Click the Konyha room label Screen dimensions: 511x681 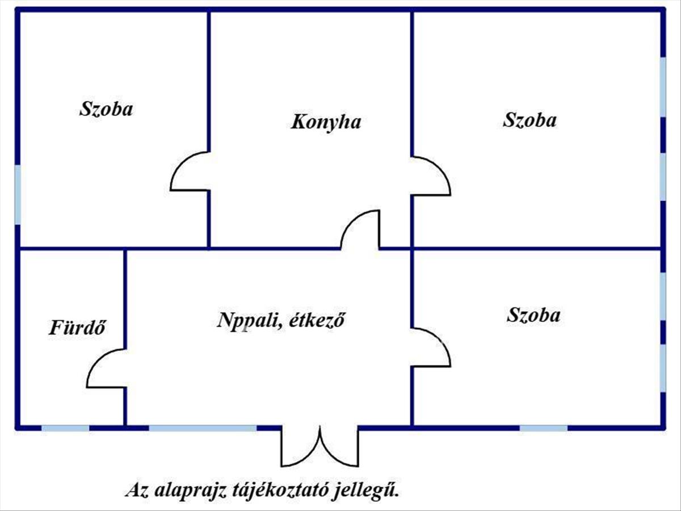(326, 122)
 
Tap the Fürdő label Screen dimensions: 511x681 (77, 328)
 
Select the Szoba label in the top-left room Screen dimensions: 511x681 (106, 108)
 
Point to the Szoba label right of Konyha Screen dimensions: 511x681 (529, 120)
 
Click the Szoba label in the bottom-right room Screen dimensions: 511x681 (533, 315)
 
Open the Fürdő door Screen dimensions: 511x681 (107, 368)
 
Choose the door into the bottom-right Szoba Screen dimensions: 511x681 (431, 347)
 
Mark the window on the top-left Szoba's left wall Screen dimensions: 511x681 (18, 194)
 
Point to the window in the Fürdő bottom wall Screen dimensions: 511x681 (65, 428)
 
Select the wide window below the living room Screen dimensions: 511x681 (203, 428)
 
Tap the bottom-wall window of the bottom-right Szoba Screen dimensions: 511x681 (543, 428)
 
